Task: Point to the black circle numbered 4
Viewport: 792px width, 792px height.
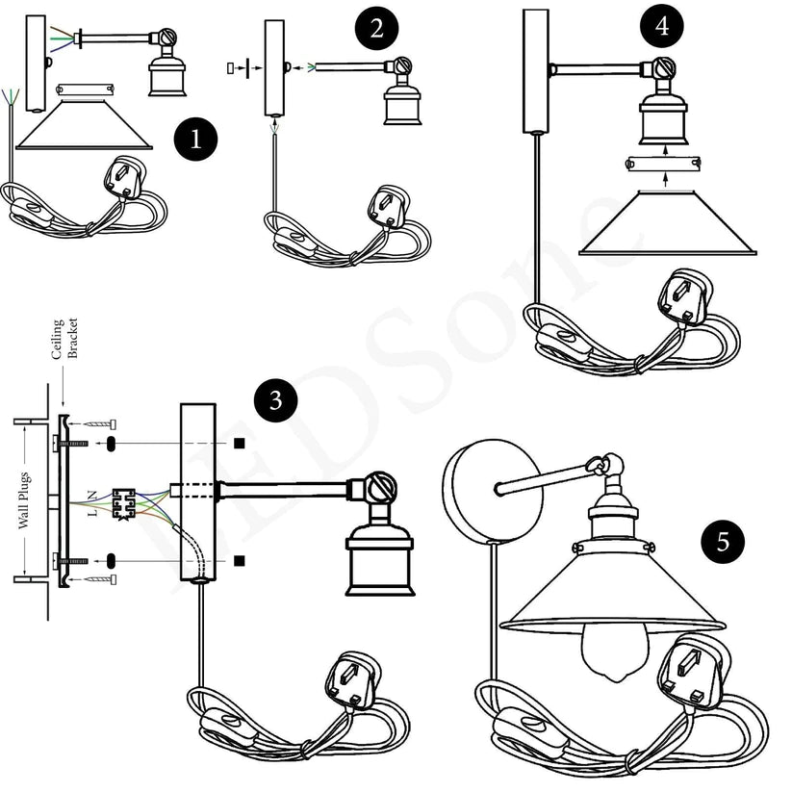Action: pyautogui.click(x=662, y=28)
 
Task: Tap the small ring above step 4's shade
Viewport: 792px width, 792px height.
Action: pyautogui.click(x=662, y=164)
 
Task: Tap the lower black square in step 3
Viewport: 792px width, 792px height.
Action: pyautogui.click(x=238, y=560)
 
